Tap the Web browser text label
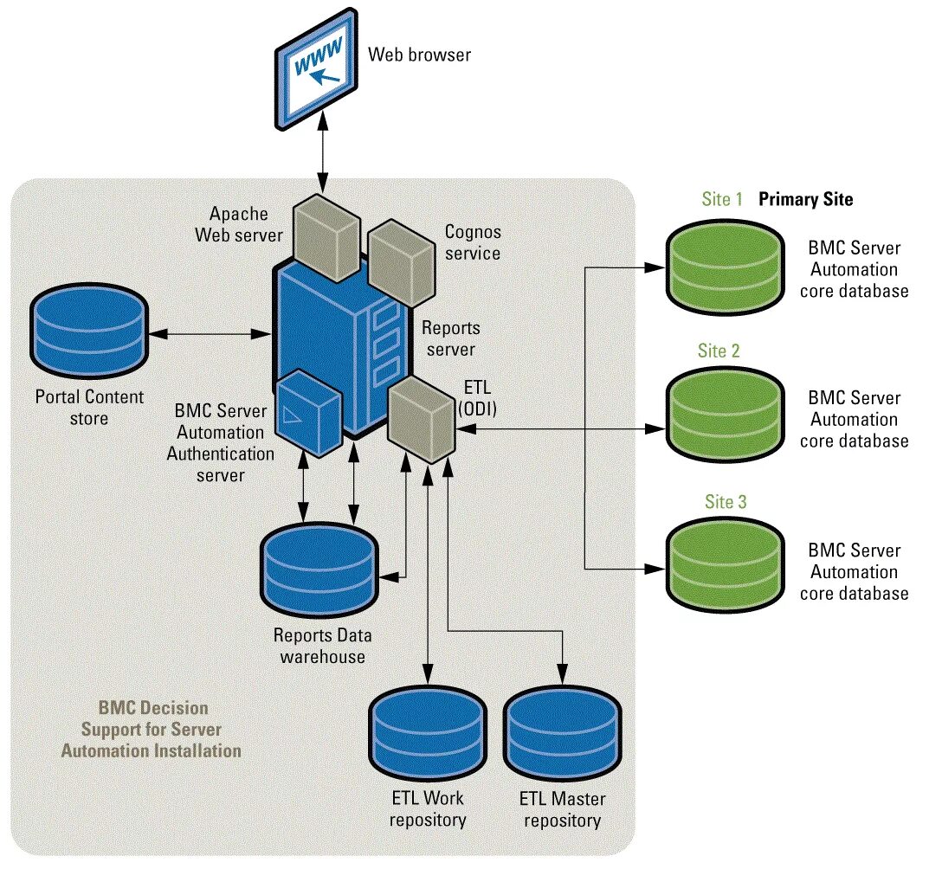(419, 55)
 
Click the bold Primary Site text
(806, 199)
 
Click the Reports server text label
(449, 339)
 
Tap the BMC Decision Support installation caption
(151, 729)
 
